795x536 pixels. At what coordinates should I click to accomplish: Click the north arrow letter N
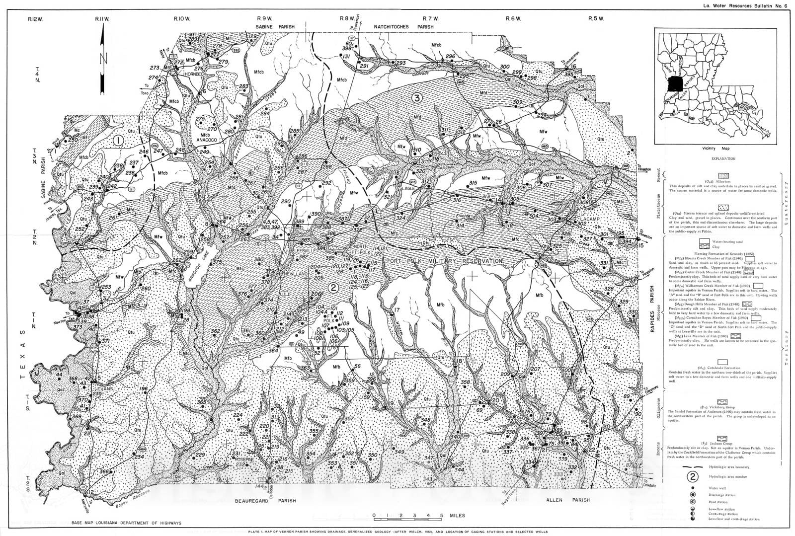[103, 59]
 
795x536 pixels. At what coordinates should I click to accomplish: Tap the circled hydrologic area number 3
[416, 98]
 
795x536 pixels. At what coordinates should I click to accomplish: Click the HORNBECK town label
[194, 74]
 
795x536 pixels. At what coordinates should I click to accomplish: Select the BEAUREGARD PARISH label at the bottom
[265, 501]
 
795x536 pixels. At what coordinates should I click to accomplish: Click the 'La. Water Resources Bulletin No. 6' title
[745, 6]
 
